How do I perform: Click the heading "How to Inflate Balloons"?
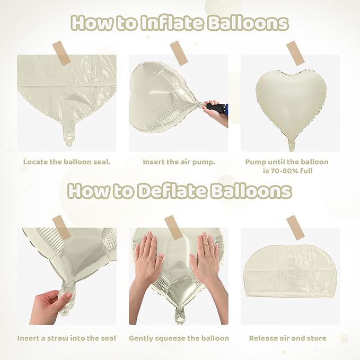click(180, 23)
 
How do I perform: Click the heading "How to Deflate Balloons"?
click(180, 190)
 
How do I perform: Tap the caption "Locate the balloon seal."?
click(67, 162)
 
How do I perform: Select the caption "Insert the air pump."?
click(179, 162)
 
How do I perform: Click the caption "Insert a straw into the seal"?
click(67, 338)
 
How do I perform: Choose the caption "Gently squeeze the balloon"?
click(179, 338)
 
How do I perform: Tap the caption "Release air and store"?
click(288, 338)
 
